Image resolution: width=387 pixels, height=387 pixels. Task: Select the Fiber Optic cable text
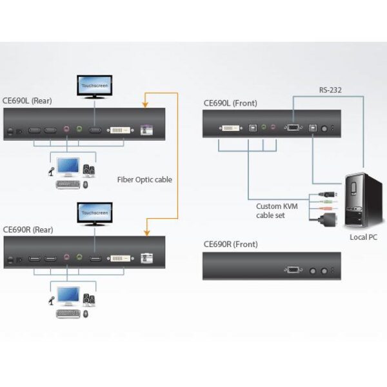[144, 180]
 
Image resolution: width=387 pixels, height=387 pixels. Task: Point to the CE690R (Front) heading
[230, 244]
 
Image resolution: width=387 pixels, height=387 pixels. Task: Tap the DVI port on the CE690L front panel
[229, 128]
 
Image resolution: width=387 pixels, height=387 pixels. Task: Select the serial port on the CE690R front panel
[292, 271]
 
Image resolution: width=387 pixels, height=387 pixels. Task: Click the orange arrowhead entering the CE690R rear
[146, 229]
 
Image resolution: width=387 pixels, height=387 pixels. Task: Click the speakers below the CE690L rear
[88, 171]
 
